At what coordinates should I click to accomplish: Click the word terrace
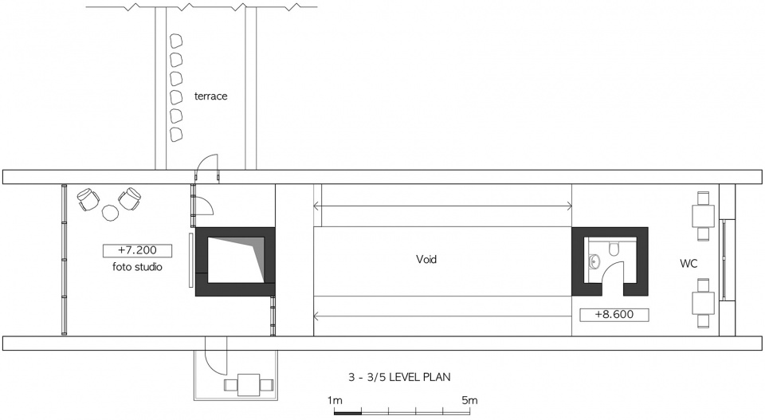coord(210,96)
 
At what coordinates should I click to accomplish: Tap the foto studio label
coord(137,267)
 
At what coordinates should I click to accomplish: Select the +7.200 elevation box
coord(137,251)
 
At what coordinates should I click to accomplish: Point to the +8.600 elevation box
coord(614,315)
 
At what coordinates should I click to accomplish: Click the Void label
coord(426,259)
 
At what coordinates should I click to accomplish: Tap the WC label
coord(688,264)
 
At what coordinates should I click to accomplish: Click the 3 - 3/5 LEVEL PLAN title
coord(399,377)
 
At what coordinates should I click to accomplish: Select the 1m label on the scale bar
coord(335,401)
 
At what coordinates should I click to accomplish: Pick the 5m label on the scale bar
coord(469,401)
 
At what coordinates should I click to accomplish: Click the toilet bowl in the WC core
coord(614,249)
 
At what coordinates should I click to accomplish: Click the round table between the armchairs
coord(111,212)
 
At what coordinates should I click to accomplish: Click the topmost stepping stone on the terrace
coord(175,41)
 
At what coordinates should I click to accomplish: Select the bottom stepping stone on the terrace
coord(175,134)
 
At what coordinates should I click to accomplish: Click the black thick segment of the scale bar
coord(348,413)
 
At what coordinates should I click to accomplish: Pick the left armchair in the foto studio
coord(88,199)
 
